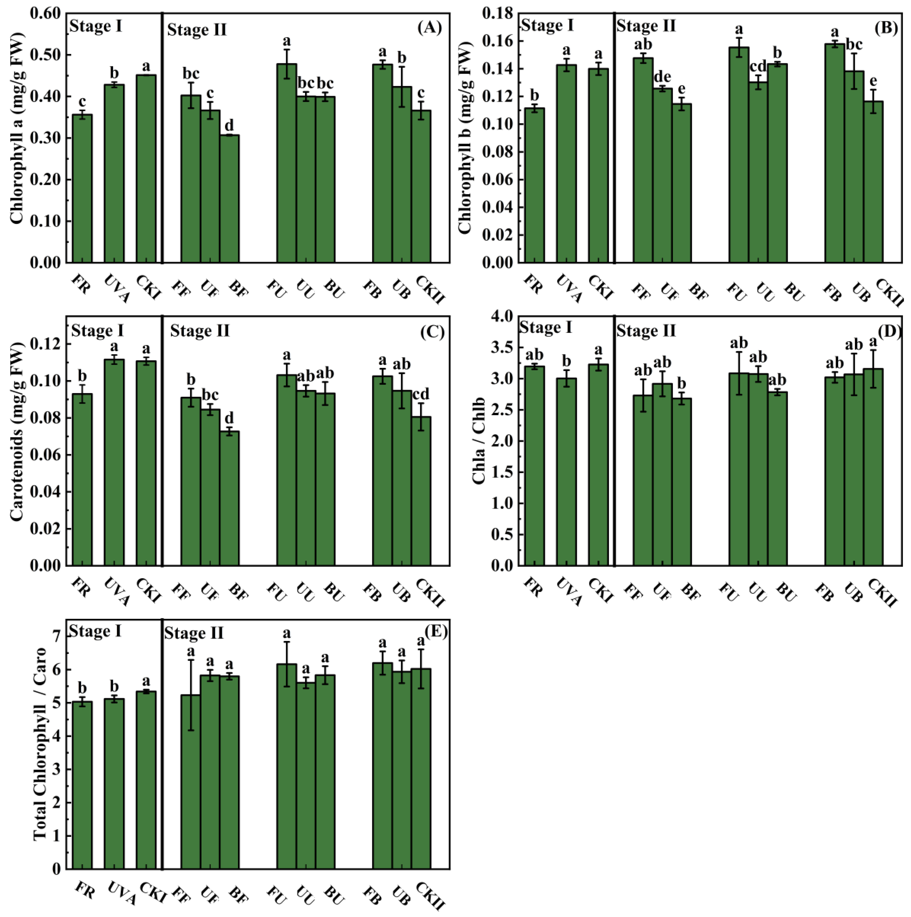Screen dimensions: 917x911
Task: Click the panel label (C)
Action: [x=432, y=332]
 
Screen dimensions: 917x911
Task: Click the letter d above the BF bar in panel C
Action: [x=229, y=418]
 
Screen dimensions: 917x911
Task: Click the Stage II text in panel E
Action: [x=194, y=633]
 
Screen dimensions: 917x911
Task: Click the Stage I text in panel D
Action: [x=546, y=328]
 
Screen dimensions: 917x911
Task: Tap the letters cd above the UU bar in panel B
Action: [x=758, y=66]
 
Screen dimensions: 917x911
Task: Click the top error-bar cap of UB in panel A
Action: [x=402, y=67]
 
